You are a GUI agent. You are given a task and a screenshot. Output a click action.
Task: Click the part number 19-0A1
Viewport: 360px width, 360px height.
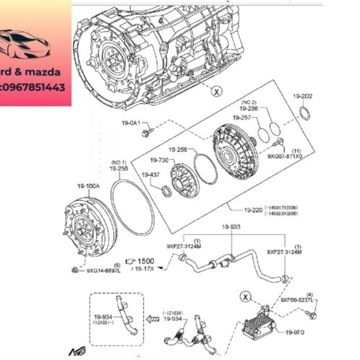[133, 124]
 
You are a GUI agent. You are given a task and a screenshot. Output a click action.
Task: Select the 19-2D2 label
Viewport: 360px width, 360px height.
[303, 96]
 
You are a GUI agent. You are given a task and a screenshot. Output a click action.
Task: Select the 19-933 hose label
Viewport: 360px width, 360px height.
[230, 226]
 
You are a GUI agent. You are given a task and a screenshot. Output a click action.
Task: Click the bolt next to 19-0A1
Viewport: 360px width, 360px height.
[148, 133]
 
